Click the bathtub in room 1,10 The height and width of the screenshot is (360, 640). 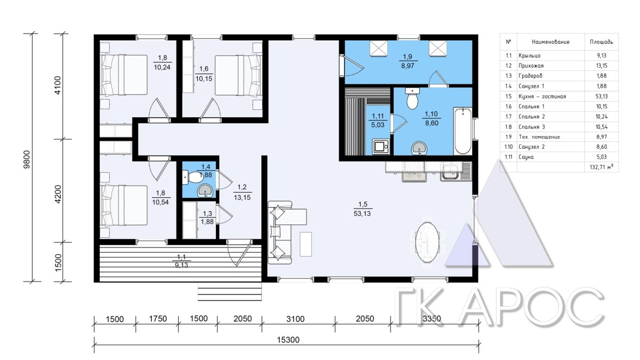463,131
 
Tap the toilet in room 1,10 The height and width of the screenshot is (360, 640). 412,98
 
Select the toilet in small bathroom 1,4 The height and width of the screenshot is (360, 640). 193,177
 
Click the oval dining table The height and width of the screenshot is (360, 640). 427,243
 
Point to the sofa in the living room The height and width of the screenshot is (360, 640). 280,233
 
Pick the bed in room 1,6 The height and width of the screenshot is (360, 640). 238,75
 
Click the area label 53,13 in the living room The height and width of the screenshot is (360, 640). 362,213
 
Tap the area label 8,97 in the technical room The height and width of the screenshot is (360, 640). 407,66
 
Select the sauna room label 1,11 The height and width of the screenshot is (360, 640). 378,116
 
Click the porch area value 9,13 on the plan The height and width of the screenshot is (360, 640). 181,265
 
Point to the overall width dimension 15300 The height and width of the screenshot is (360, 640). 288,340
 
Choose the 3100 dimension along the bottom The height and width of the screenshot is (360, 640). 295,318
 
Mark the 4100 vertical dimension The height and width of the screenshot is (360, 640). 58,85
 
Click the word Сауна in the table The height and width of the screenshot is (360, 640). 526,157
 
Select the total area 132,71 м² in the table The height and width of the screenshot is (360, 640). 601,167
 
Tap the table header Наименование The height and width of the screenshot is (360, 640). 550,42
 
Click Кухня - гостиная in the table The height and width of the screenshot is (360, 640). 542,97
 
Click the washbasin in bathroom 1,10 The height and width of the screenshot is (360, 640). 419,149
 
